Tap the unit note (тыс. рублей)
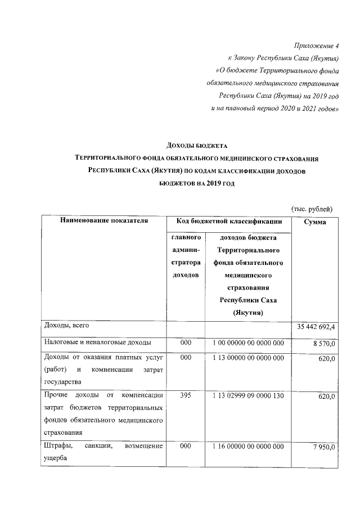click(312, 209)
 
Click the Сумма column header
click(315, 223)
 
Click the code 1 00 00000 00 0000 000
click(248, 343)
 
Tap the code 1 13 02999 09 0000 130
click(248, 397)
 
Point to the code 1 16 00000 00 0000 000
click(248, 446)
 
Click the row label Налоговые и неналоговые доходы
click(96, 342)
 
